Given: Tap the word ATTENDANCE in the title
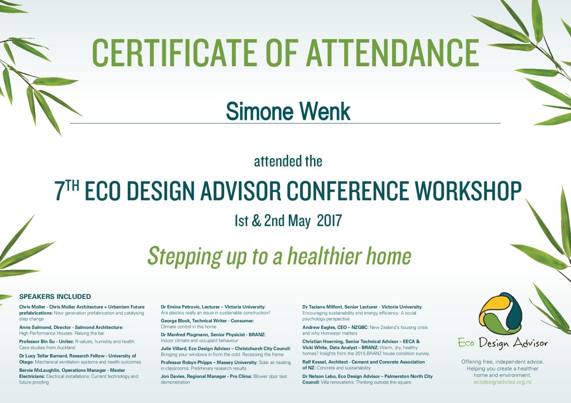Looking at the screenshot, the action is point(393,52).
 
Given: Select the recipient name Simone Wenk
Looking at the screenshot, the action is point(288,111).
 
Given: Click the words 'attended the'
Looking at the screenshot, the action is point(288,161).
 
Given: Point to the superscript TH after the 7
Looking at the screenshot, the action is point(72,186).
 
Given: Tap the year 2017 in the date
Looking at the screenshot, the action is point(329,220).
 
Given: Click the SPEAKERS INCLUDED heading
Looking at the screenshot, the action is point(55,297).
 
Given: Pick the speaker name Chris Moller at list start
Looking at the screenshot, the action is point(32,307).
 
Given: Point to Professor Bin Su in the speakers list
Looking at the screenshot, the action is point(37,342).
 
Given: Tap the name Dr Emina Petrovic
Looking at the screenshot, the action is point(180,307).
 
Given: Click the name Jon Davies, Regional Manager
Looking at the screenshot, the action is point(193,376).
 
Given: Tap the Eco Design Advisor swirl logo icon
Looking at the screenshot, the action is point(501,313).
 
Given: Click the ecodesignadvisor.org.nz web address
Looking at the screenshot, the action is point(502,382).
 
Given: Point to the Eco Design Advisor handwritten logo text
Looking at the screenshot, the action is point(503,343).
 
